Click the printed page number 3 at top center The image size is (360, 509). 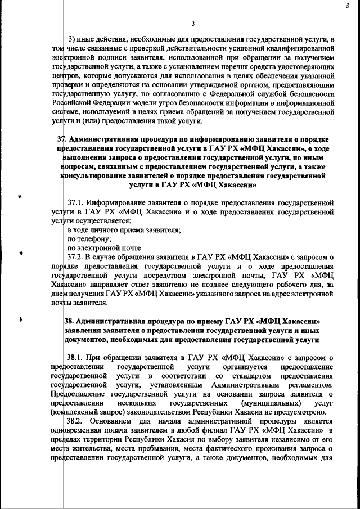pos(193,24)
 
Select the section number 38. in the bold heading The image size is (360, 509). pos(71,321)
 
